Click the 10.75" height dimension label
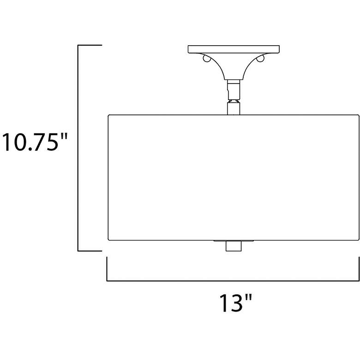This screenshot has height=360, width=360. click(x=35, y=142)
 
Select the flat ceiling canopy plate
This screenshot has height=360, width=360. click(x=234, y=49)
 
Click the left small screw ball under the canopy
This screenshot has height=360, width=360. click(x=206, y=59)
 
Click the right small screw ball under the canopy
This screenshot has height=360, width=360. click(x=260, y=59)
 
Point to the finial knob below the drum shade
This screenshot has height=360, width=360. click(x=233, y=246)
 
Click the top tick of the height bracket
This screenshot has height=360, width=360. click(x=90, y=45)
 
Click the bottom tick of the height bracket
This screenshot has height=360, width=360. click(x=90, y=251)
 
